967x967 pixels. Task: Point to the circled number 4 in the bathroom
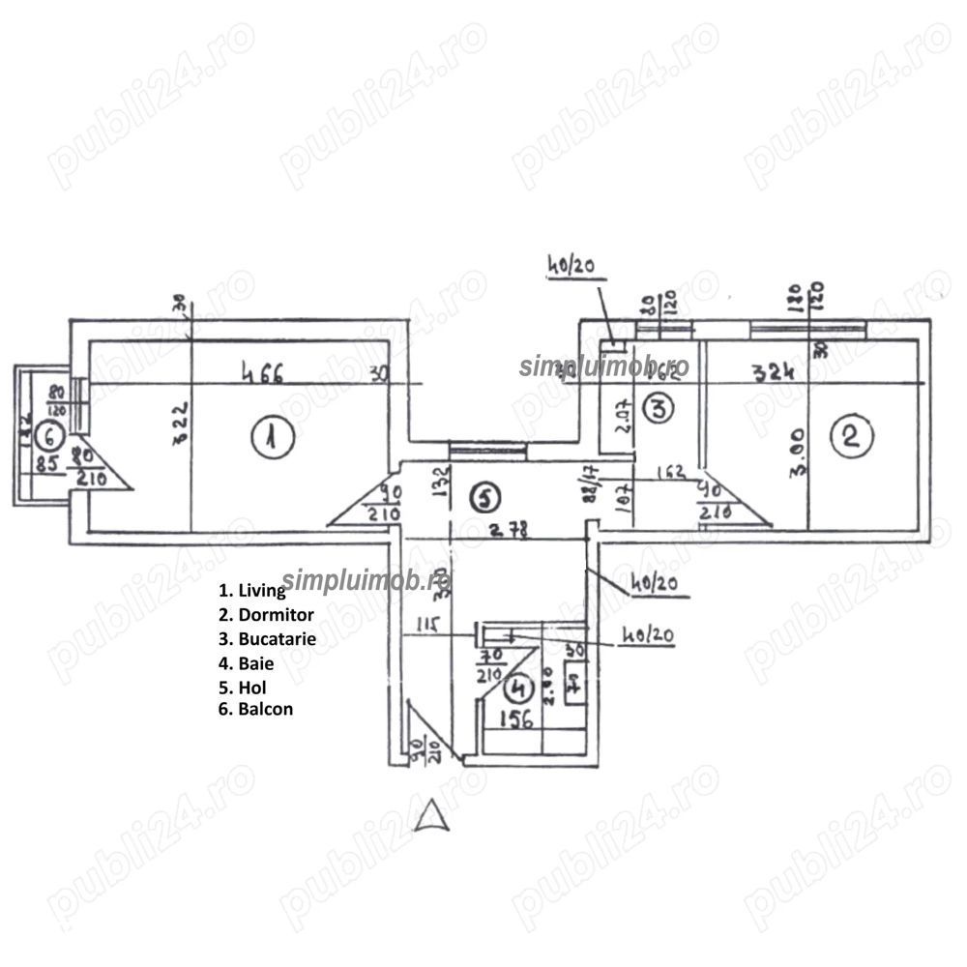pos(520,689)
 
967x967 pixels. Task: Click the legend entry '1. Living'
pos(252,590)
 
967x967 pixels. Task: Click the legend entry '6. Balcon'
pos(256,709)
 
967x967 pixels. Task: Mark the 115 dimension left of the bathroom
pos(426,625)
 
